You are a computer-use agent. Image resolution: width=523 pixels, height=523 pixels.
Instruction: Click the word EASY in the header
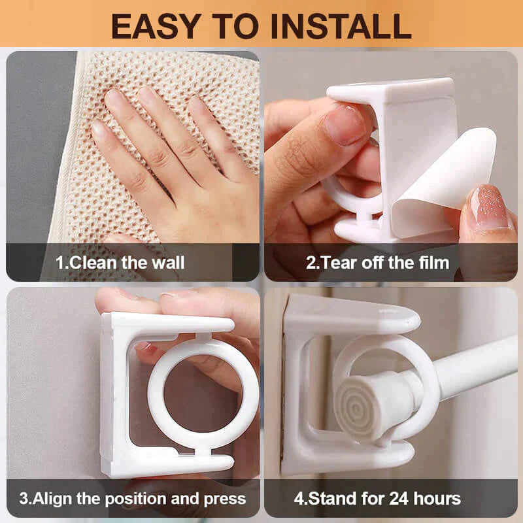tap(156, 26)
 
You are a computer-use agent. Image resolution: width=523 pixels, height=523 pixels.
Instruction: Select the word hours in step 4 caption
tap(437, 499)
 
